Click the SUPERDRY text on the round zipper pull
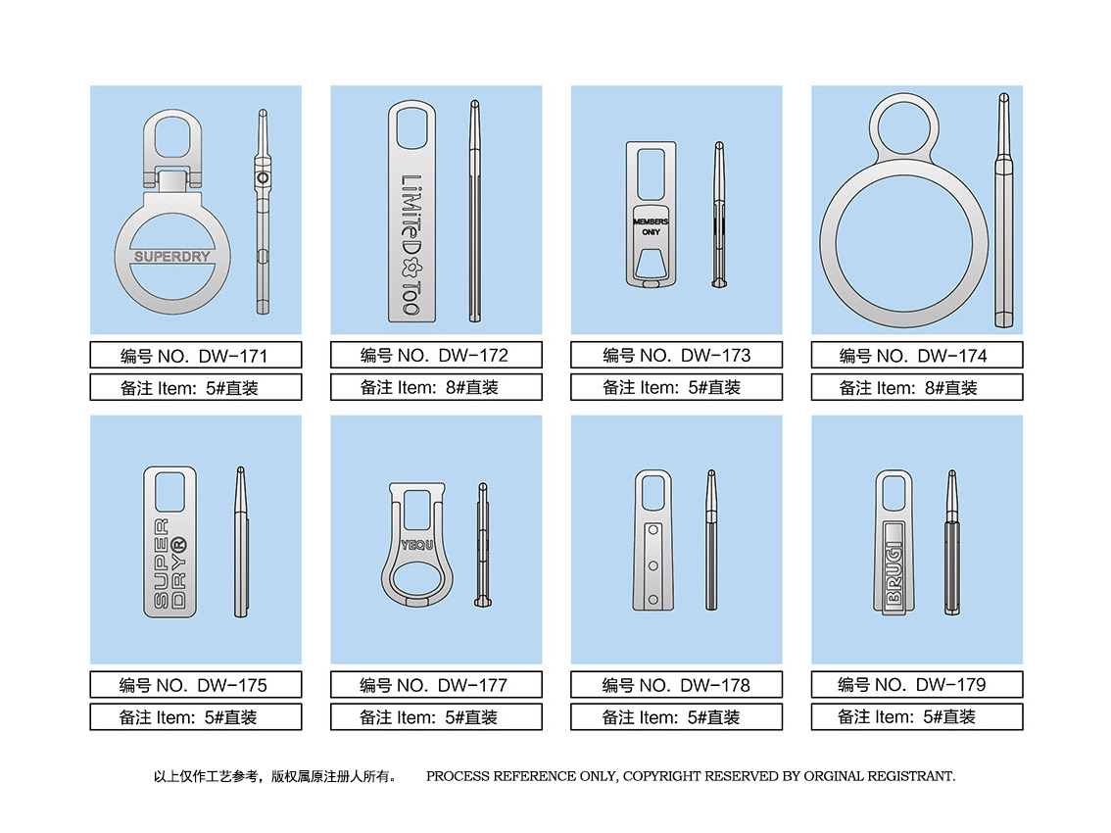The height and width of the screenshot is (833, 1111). pos(172,257)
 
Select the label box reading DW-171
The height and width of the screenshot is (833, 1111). pos(196,355)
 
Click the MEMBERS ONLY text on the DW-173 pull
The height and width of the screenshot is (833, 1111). pos(651,226)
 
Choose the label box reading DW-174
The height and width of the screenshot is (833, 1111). pos(917,355)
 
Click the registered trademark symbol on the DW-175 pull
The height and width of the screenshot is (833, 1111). pos(178,545)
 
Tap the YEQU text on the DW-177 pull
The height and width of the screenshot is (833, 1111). pos(416,545)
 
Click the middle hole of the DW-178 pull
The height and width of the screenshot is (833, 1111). pos(653,565)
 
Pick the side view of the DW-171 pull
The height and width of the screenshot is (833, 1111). pos(263,212)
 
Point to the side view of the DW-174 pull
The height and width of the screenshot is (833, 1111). pos(1004,210)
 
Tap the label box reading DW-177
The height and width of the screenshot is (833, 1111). pos(437,685)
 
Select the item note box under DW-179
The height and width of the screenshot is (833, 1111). pos(917,716)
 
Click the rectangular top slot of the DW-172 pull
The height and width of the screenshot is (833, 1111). pos(411,126)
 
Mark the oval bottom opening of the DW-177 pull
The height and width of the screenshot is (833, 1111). pos(416,580)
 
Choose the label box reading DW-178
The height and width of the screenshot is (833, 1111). pos(677,685)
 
